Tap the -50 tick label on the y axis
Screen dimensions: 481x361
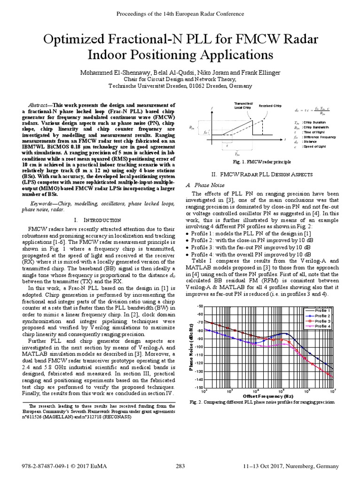point(199,306)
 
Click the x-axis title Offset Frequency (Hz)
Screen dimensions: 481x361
point(268,396)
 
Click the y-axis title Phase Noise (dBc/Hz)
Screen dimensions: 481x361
point(191,347)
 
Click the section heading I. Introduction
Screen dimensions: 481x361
point(92,220)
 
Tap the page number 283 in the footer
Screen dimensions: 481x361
point(180,466)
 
